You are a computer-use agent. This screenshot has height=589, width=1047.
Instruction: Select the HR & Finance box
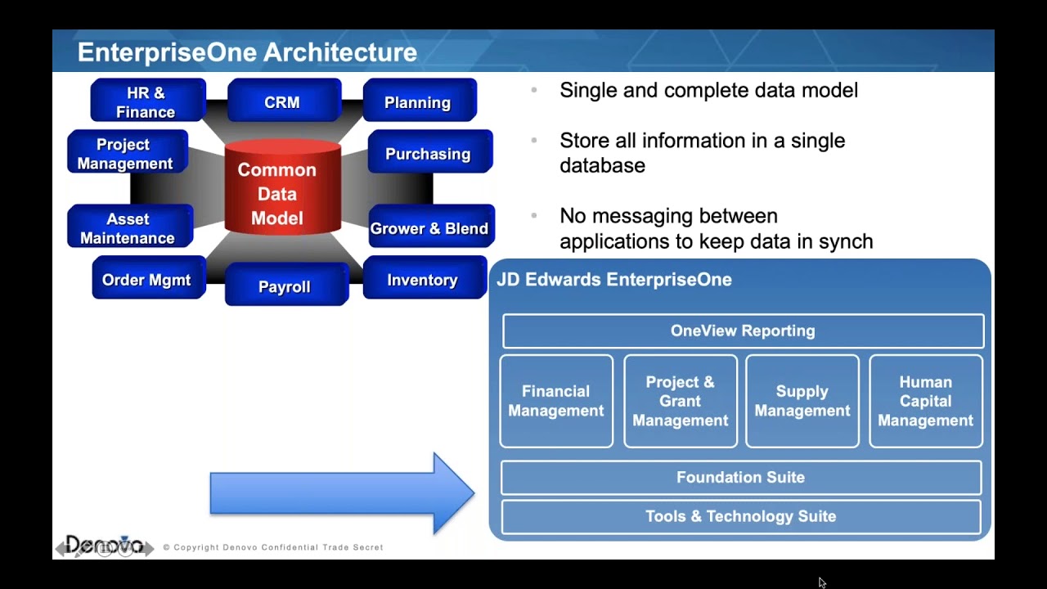pyautogui.click(x=147, y=101)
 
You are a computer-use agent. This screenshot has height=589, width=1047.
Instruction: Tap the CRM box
pyautogui.click(x=283, y=101)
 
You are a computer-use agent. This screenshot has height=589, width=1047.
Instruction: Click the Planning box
pyautogui.click(x=419, y=101)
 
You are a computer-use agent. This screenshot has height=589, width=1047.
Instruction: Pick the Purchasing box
pyautogui.click(x=429, y=153)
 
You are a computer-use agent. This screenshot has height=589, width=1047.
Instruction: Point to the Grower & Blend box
pyautogui.click(x=429, y=227)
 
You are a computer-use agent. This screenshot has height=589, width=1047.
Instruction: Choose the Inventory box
pyautogui.click(x=423, y=279)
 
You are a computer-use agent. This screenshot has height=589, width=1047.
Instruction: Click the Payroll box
pyautogui.click(x=285, y=286)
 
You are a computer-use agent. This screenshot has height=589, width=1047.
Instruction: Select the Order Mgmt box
pyautogui.click(x=147, y=279)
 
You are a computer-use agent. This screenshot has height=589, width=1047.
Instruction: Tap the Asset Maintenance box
pyautogui.click(x=128, y=227)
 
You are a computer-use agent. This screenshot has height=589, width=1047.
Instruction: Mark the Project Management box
pyautogui.click(x=126, y=153)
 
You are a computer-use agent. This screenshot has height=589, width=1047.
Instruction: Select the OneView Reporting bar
pyautogui.click(x=743, y=331)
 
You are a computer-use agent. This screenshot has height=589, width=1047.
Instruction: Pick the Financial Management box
pyautogui.click(x=556, y=401)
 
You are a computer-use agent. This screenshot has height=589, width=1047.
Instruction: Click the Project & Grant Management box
pyautogui.click(x=680, y=401)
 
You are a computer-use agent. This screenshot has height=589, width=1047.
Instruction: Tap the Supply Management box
pyautogui.click(x=802, y=401)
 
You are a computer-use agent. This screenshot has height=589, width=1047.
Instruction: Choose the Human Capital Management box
pyautogui.click(x=925, y=401)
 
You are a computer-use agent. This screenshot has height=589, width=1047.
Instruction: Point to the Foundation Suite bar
pyautogui.click(x=740, y=478)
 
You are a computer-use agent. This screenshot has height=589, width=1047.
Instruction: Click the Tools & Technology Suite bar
pyautogui.click(x=740, y=517)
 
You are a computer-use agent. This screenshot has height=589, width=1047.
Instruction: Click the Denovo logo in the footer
pyautogui.click(x=104, y=546)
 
